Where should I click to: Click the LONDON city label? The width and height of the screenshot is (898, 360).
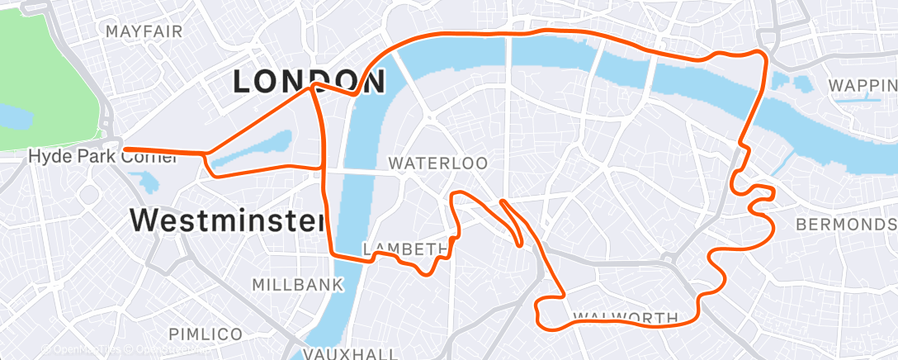(310, 81)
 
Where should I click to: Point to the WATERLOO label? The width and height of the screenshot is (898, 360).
(437, 163)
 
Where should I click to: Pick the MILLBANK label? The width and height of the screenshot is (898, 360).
(297, 285)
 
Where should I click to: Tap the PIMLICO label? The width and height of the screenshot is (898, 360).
(206, 334)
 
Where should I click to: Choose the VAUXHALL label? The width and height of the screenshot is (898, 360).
(339, 353)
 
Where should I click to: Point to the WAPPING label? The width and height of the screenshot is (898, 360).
(863, 86)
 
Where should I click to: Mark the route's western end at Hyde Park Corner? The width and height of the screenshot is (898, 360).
(124, 150)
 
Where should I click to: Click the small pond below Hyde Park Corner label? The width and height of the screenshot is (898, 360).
(149, 182)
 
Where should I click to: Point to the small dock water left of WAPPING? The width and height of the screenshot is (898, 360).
(801, 83)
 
